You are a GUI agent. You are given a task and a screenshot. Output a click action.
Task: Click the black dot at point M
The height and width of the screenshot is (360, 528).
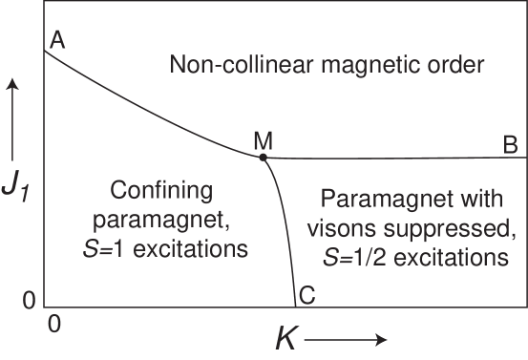(x=263, y=157)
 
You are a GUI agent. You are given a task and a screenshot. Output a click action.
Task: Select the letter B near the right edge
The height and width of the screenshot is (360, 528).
(x=510, y=144)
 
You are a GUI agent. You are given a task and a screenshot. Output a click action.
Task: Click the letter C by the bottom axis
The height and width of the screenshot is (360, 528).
(x=307, y=296)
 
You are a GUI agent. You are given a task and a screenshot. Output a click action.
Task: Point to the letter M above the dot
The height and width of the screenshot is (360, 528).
(x=264, y=140)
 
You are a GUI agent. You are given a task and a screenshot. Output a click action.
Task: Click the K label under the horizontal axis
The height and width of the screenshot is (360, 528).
(x=285, y=338)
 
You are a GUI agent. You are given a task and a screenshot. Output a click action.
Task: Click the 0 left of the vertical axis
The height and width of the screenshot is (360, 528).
(x=30, y=299)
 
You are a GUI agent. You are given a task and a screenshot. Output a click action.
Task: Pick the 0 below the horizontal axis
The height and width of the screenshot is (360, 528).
(x=53, y=324)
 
